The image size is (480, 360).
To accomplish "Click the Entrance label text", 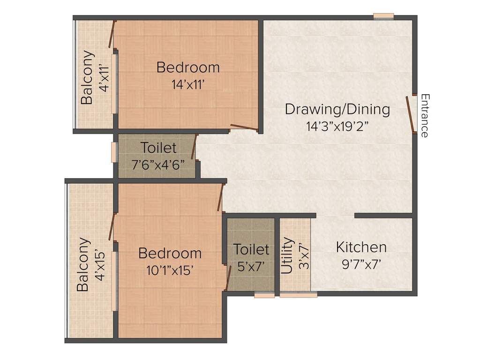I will coord(425,115).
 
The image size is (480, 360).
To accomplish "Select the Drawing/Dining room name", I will coord(337,110).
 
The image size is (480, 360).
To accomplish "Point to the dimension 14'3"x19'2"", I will coord(337,126).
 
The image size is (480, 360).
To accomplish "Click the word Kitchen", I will coord(361,247).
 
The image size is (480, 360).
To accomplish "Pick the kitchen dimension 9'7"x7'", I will coord(361,264).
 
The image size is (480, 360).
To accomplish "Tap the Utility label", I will coord(286,256).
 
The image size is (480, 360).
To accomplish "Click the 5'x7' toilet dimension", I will coord(251,266).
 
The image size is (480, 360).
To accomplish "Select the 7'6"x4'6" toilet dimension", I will coord(159,165).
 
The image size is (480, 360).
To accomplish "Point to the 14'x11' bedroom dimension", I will coord(188,84).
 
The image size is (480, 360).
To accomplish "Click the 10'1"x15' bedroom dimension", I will coord(170,270).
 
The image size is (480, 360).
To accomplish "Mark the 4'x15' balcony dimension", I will coord(99,265).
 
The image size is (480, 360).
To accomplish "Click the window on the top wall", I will coord(383,17).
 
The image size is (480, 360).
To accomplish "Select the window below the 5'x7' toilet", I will coord(264,295).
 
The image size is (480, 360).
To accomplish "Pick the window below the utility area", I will coord(298,295).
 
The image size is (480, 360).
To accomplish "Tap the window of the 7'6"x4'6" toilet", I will coord(113,152).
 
